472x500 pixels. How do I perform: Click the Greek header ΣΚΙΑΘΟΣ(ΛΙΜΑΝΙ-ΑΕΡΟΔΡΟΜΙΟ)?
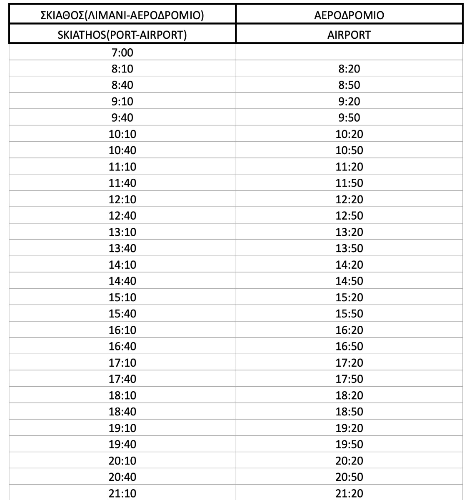pos(122,15)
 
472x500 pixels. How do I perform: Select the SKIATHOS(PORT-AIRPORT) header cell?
pos(122,35)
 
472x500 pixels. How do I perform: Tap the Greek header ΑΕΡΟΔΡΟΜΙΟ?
pos(349,15)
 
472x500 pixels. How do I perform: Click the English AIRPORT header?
pos(349,35)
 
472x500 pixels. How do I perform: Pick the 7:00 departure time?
pos(122,52)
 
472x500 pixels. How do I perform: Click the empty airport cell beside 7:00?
pos(349,52)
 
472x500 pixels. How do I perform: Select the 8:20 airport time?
pos(349,69)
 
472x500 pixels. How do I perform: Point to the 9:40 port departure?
pos(122,118)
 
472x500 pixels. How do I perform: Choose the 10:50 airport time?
pos(349,150)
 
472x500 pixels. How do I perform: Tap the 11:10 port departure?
pos(122,167)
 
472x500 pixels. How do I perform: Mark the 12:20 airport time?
pos(349,200)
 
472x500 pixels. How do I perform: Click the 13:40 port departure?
pos(122,248)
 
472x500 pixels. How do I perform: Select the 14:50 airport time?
pos(349,281)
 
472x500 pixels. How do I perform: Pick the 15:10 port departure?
pos(122,297)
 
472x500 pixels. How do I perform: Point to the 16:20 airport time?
pos(349,330)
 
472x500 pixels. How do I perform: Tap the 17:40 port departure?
pos(122,379)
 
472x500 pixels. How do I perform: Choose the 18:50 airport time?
pos(349,412)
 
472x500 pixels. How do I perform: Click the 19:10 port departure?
pos(122,428)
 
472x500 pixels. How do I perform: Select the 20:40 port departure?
pos(122,477)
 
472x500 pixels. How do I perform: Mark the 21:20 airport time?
pos(349,494)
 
